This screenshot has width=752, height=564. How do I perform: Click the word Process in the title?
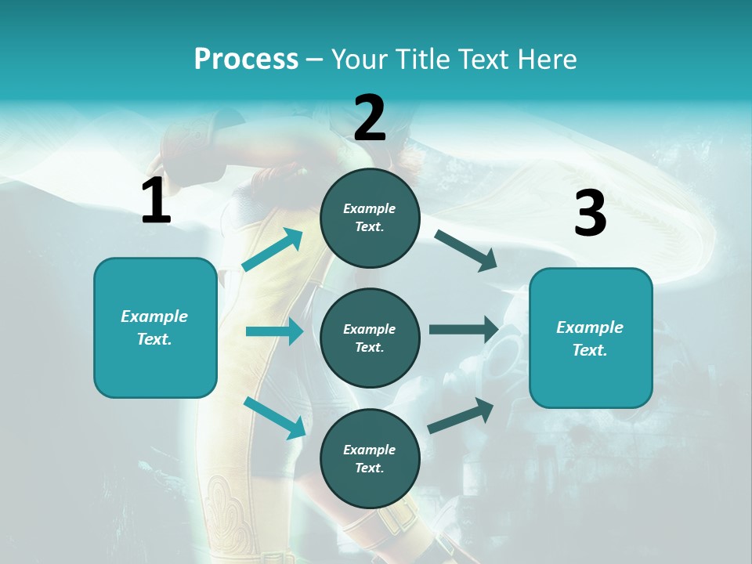(246, 60)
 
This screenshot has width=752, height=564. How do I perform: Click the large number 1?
(156, 201)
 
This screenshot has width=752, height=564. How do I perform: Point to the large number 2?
(370, 118)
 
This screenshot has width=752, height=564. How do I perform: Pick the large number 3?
(590, 214)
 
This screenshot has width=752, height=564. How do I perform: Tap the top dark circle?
(370, 218)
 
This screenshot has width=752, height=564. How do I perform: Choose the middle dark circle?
(370, 338)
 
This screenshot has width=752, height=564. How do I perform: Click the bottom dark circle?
(370, 458)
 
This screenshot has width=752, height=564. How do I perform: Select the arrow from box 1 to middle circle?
(274, 331)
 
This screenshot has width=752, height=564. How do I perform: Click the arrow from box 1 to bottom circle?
(274, 418)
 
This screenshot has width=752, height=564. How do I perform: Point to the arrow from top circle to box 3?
(466, 251)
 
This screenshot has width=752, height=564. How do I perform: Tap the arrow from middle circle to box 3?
(464, 330)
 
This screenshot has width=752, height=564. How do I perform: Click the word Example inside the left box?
(154, 316)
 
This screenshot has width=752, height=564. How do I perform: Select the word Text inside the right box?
(590, 350)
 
